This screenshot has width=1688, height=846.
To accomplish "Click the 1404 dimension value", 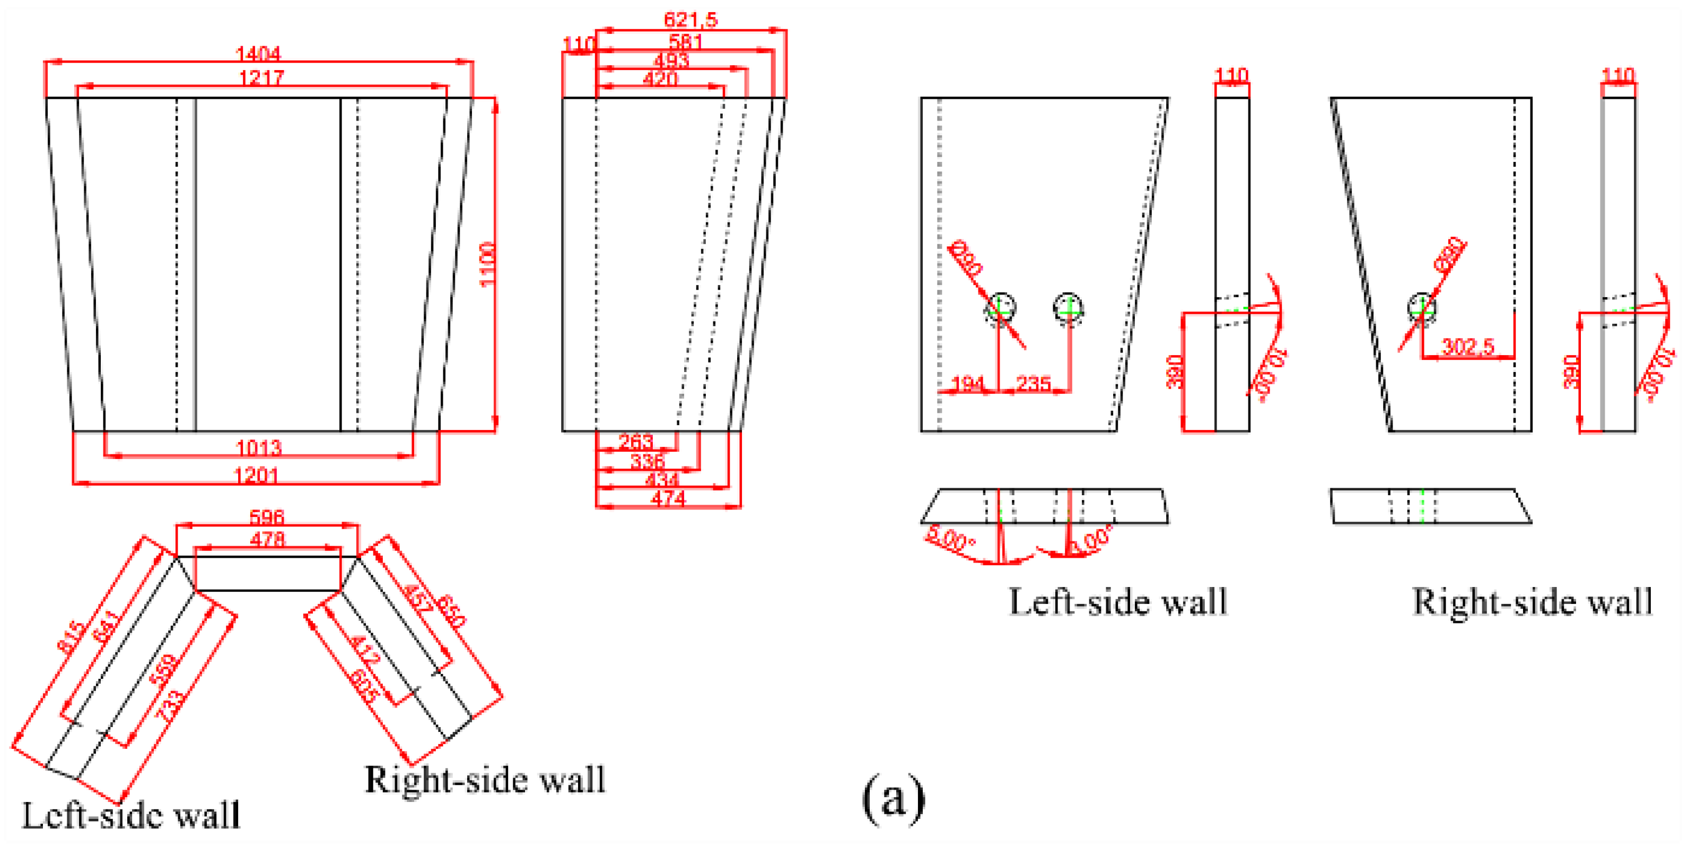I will (258, 53).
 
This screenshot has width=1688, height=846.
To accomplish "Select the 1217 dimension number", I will (261, 78).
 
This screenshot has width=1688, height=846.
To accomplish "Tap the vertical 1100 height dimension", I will (487, 264).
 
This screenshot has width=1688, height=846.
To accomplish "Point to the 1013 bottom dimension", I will (258, 448).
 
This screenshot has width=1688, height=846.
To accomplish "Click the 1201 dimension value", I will (256, 475).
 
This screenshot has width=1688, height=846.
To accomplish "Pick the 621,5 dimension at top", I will (690, 20).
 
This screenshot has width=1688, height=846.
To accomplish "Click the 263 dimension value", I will (636, 442).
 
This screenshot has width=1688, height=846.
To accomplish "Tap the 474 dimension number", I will (668, 499).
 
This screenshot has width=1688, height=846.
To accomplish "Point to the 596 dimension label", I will (266, 517).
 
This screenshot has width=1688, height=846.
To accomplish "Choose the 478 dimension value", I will (267, 539).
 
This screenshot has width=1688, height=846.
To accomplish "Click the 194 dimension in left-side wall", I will (967, 383).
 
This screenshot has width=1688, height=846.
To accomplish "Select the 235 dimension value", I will (1034, 383).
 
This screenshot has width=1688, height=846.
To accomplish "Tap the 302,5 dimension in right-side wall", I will (1468, 346).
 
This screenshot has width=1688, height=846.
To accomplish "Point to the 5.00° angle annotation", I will (949, 539).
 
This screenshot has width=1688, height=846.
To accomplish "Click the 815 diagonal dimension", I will (70, 636).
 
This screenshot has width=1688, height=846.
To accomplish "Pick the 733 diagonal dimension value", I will (169, 704).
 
